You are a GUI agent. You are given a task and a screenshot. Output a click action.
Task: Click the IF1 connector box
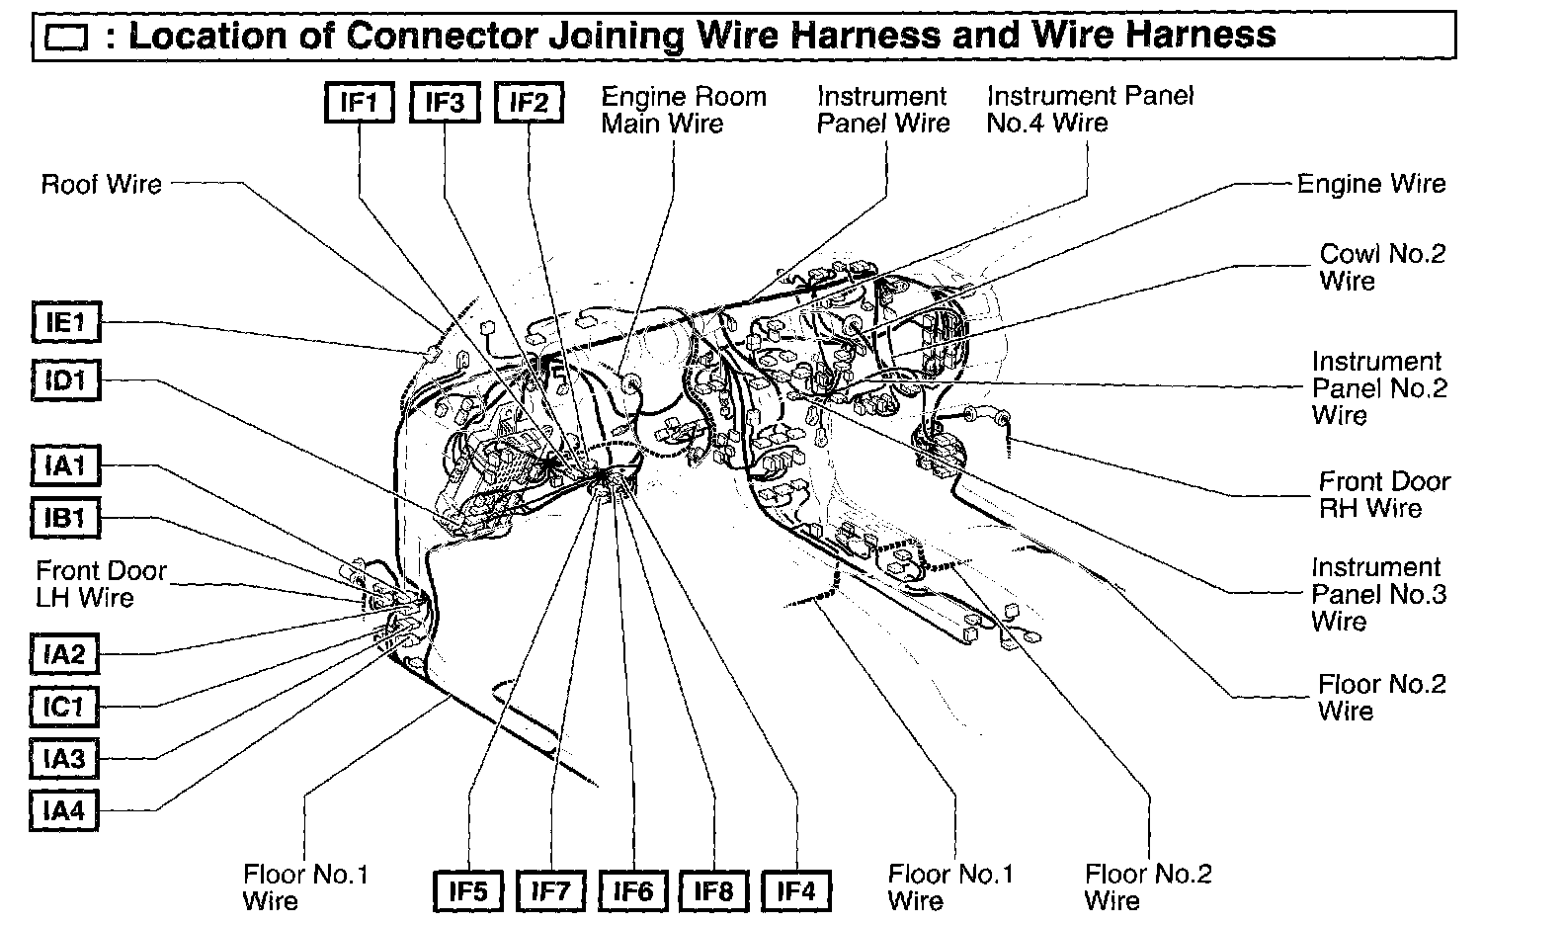point(360,103)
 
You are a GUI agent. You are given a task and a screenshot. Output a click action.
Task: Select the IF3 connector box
point(445,103)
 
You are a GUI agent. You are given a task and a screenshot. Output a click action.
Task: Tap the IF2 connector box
point(530,103)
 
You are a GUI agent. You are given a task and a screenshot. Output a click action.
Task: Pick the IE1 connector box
point(66,322)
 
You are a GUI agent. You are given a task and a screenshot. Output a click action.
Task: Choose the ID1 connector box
point(66,380)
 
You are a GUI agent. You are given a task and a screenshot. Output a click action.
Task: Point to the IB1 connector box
point(66,518)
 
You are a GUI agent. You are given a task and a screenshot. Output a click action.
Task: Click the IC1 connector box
point(64,707)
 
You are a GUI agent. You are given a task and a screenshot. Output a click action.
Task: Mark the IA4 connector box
point(64,811)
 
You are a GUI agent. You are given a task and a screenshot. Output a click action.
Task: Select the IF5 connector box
point(468,891)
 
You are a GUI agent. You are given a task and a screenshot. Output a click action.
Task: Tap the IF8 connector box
point(713,891)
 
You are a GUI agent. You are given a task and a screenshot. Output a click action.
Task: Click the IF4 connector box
point(795,891)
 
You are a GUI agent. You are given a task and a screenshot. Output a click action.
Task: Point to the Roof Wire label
point(101,185)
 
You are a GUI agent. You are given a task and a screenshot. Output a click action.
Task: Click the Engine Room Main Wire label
point(683,110)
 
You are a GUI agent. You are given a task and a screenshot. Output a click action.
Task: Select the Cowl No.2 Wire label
point(1381,267)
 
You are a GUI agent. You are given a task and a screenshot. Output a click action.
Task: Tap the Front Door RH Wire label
point(1383,495)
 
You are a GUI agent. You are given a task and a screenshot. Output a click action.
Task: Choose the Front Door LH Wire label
point(101,584)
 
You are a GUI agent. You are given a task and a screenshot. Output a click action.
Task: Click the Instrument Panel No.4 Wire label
point(1089,110)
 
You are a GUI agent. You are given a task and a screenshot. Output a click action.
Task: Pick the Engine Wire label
point(1370,184)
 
